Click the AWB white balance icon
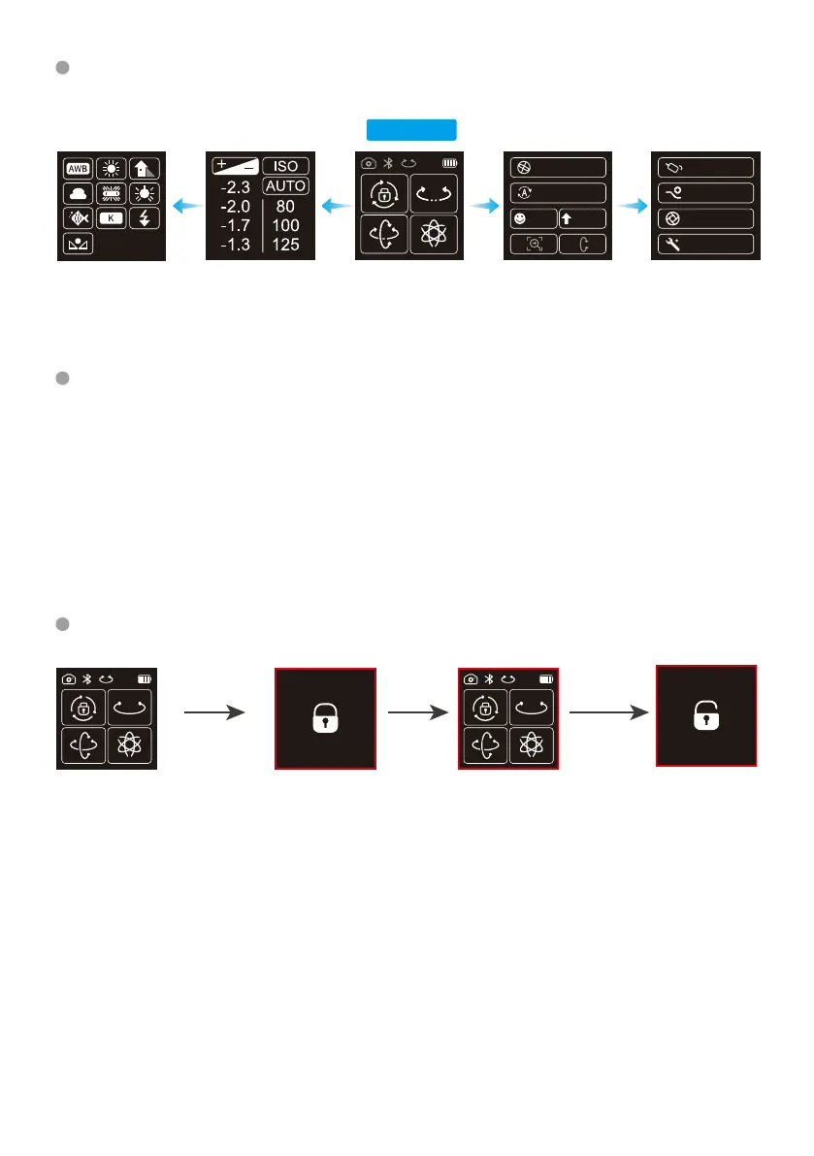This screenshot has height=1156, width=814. coord(78,168)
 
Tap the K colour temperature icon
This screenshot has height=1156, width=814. coord(111,218)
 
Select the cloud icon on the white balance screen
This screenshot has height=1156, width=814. coord(78,193)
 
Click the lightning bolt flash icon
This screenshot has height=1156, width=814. coord(144,218)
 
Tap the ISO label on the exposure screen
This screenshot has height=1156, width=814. coord(286,166)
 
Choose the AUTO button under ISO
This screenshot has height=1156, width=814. coord(286,185)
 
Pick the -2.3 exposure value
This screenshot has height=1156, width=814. coord(236,185)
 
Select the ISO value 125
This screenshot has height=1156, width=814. coord(286,244)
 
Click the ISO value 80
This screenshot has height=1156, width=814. coord(286,206)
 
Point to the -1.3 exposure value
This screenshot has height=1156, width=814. coord(236,244)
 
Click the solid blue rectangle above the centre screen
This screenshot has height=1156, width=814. coord(410,130)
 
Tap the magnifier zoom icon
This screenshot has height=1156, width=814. coord(533,244)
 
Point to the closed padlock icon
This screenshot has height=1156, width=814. coord(324,719)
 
